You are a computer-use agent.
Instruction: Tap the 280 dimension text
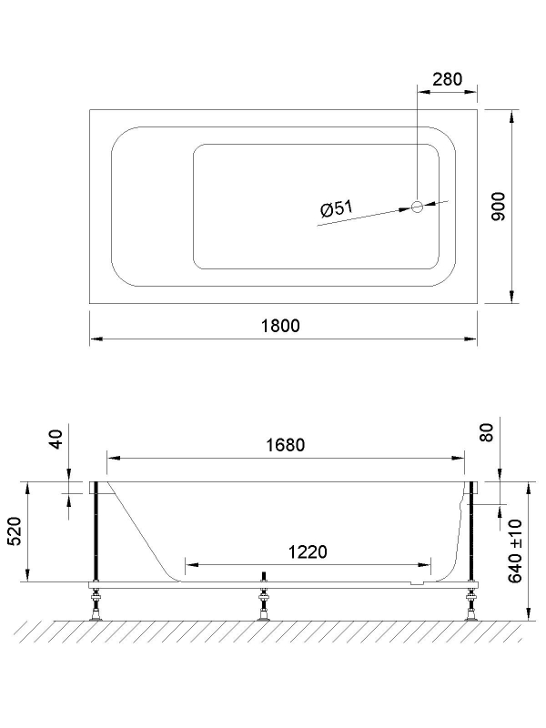pyautogui.click(x=447, y=79)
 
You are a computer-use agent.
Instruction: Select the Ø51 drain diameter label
pyautogui.click(x=336, y=208)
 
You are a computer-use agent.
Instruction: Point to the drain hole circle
pyautogui.click(x=418, y=207)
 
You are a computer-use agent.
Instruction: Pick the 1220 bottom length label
pyautogui.click(x=308, y=551)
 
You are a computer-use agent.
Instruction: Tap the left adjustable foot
pyautogui.click(x=95, y=604)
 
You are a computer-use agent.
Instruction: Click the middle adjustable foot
pyautogui.click(x=264, y=604)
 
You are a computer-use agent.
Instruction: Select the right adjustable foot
pyautogui.click(x=471, y=604)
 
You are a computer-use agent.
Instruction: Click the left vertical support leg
pyautogui.click(x=94, y=532)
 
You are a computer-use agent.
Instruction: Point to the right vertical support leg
pyautogui.click(x=471, y=532)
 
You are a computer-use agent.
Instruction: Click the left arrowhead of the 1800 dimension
pyautogui.click(x=95, y=339)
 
